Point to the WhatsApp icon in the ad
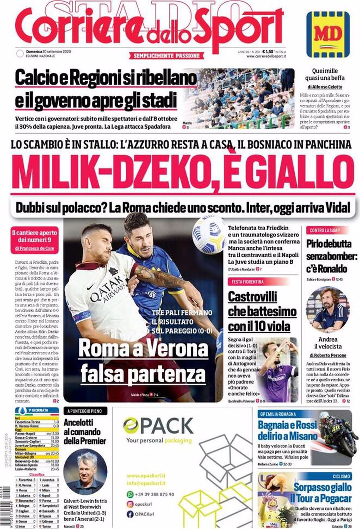click(130, 494)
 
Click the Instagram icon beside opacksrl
click(130, 504)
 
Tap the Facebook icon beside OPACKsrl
click(130, 514)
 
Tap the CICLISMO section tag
click(341, 476)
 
